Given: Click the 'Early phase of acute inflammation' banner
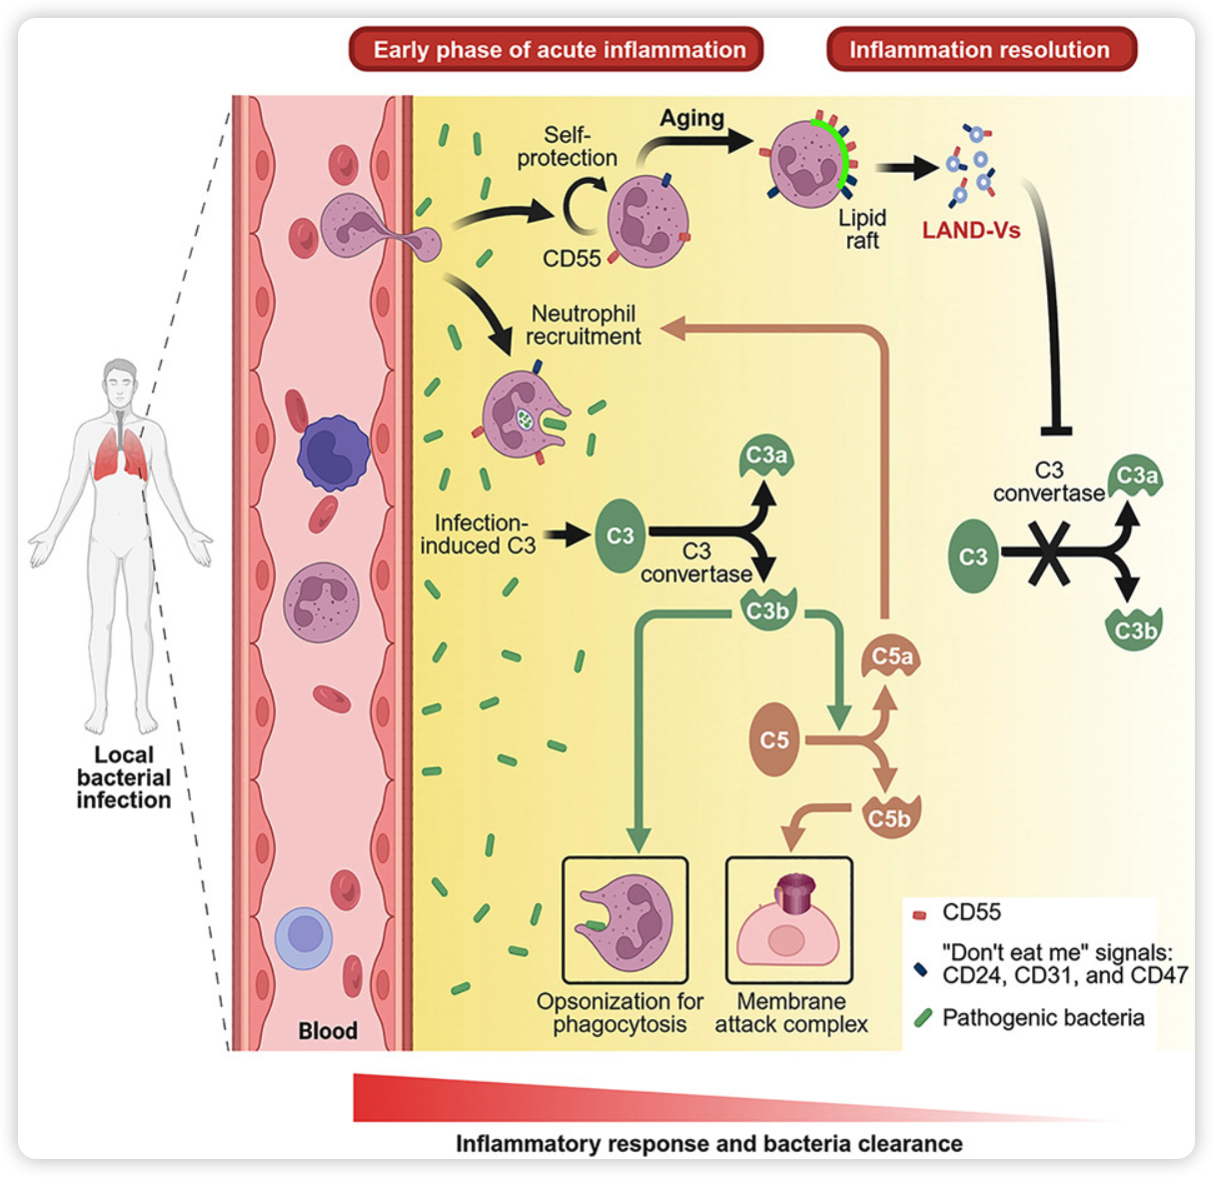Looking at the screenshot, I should click(557, 50).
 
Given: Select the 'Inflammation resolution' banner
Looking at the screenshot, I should click(980, 50).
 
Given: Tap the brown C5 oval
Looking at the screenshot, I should click(774, 740).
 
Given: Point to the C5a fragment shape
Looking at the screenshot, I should click(891, 655).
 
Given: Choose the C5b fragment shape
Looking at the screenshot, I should click(889, 817).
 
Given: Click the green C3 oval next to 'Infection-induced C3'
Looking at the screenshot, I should click(620, 536).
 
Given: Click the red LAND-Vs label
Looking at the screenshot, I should click(971, 231).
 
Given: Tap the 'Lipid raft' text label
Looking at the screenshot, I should click(861, 229).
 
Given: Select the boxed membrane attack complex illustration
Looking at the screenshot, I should click(789, 920).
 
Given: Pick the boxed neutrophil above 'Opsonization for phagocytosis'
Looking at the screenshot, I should click(625, 920).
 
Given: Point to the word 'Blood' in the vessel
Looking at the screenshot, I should click(328, 1030).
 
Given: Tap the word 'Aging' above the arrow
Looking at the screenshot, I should click(691, 118).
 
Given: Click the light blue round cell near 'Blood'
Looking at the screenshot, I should click(304, 938).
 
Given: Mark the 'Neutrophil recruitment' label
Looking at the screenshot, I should click(584, 325).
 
